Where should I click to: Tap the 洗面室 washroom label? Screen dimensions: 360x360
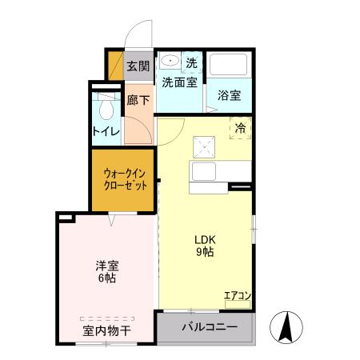click(180, 82)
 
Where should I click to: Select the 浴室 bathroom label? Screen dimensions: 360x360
click(230, 95)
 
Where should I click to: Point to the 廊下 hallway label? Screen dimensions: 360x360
click(138, 102)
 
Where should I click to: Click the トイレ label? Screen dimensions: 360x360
click(106, 131)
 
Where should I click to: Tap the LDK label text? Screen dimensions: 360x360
click(206, 238)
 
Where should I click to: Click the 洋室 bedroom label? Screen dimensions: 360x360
click(106, 266)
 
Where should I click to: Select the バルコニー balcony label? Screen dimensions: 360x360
click(208, 326)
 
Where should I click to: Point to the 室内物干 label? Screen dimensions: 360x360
click(105, 330)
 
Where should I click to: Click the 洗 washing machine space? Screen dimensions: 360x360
click(191, 62)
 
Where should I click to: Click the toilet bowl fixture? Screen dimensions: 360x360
click(106, 109)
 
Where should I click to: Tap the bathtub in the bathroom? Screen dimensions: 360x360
click(229, 67)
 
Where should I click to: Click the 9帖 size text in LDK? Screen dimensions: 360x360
click(206, 252)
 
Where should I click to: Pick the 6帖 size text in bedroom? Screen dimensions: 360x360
click(106, 279)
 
